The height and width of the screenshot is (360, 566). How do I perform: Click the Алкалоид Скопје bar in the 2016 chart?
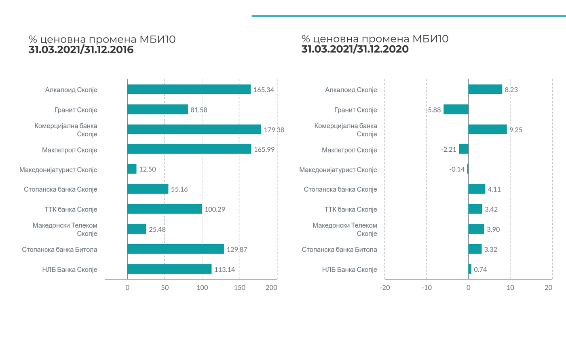[189, 89]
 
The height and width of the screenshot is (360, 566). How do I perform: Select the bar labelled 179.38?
[194, 129]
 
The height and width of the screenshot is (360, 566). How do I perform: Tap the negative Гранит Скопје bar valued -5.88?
[456, 110]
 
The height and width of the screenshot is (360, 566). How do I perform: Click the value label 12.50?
[147, 169]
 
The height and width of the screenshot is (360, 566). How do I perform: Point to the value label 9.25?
[515, 130]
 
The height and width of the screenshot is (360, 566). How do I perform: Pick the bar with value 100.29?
[165, 209]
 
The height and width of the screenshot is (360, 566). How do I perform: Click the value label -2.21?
[448, 150]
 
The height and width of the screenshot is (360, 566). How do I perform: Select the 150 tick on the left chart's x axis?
[239, 288]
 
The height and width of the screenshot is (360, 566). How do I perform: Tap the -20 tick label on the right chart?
[385, 288]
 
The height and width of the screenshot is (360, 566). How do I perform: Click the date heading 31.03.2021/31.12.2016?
[81, 50]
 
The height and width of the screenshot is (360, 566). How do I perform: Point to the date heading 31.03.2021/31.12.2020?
[355, 49]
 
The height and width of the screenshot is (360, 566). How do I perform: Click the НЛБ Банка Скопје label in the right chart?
[349, 269]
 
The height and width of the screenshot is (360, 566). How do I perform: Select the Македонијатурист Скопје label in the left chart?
[58, 169]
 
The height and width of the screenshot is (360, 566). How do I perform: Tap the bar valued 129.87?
[175, 249]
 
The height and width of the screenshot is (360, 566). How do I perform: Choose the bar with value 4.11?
[477, 189]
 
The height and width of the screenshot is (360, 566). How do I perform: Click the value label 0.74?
[480, 269]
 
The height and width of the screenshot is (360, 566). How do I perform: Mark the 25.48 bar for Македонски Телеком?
[137, 229]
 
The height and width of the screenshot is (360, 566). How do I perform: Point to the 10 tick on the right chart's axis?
[510, 288]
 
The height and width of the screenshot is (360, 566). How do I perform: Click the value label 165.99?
[264, 150]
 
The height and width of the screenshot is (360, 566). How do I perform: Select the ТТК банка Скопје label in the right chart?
[351, 209]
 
